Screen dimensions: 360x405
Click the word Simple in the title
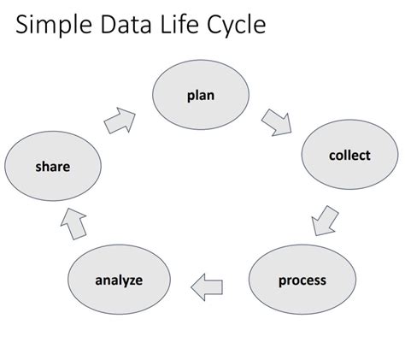pyautogui.click(x=59, y=26)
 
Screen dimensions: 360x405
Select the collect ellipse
pyautogui.click(x=349, y=156)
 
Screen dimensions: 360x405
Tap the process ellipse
pyautogui.click(x=302, y=280)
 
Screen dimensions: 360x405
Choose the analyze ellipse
pyautogui.click(x=119, y=280)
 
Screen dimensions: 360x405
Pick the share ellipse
pyautogui.click(x=52, y=167)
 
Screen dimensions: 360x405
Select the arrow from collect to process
pyautogui.click(x=325, y=219)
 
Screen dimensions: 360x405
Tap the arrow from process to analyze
pyautogui.click(x=208, y=287)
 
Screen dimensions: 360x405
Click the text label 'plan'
pyautogui.click(x=201, y=96)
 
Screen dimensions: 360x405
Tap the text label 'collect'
pyautogui.click(x=349, y=156)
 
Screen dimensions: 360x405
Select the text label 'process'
pyautogui.click(x=302, y=280)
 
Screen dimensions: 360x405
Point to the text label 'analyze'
pyautogui.click(x=119, y=280)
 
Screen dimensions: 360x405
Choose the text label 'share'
pyautogui.click(x=52, y=167)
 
